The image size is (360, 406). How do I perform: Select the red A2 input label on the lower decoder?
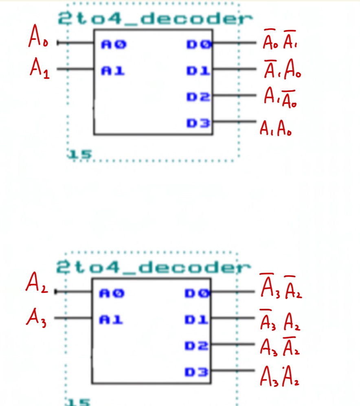37,284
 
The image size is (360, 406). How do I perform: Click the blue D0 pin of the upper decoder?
199,44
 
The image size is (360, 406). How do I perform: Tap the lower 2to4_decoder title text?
153,267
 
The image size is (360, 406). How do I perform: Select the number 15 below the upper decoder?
81,154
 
